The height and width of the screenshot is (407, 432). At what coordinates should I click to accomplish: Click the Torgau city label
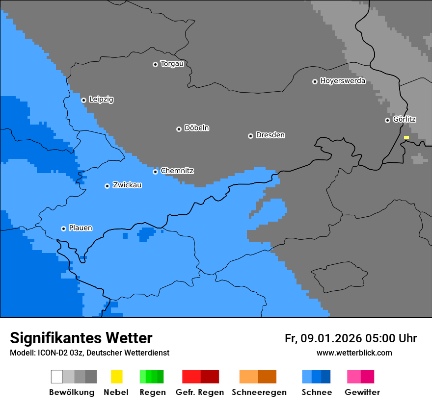pos(172,64)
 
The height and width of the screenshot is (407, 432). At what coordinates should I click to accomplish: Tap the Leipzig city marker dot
pos(83,100)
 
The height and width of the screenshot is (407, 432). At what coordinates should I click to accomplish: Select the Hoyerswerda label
pos(343,81)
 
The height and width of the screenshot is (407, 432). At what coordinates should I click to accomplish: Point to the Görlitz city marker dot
pos(387,120)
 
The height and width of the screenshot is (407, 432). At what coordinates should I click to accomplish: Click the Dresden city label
pos(270,135)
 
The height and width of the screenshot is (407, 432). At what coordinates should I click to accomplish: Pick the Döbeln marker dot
pos(179,129)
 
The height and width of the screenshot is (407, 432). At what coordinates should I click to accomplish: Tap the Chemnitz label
pos(177,171)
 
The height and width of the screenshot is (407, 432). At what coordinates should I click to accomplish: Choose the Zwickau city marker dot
pos(107,186)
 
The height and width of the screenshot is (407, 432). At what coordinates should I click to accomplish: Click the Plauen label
pos(81,228)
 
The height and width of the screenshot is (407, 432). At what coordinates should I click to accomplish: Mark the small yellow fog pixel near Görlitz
pos(406,137)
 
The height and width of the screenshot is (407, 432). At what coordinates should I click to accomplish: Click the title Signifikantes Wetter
pos(81,338)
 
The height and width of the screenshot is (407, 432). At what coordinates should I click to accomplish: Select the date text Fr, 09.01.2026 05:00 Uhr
pos(351,338)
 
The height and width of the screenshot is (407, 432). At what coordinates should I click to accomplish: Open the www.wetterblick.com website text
pos(354,353)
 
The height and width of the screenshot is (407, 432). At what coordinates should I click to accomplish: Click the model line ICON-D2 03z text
pos(89,353)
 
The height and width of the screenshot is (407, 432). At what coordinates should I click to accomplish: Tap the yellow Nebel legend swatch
pos(116,377)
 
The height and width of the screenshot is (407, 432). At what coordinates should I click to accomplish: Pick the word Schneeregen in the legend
pos(259,392)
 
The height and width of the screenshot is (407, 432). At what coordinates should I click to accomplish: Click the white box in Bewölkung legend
pos(57,377)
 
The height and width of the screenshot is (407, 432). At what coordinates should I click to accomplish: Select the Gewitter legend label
pos(362,392)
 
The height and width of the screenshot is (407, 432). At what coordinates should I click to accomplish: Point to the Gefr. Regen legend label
pos(199,392)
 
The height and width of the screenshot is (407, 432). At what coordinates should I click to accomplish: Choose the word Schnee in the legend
pos(316,392)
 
